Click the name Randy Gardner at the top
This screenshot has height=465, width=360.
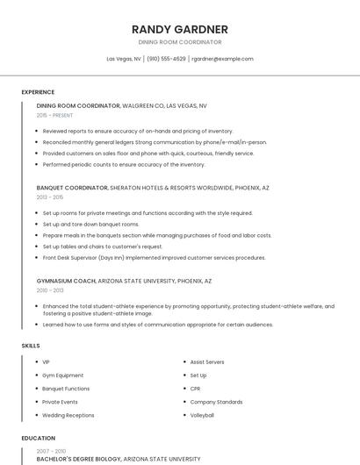click(x=179, y=29)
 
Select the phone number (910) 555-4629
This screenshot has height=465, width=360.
click(x=166, y=59)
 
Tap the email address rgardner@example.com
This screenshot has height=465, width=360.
click(x=222, y=59)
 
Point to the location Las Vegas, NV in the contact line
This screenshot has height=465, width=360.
click(x=124, y=59)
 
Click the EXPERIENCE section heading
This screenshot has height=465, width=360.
click(x=38, y=92)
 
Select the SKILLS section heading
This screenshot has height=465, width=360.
click(x=31, y=346)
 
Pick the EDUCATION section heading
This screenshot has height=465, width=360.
click(x=39, y=438)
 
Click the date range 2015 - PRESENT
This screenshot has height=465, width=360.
click(x=54, y=115)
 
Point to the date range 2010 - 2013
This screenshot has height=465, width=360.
click(x=50, y=290)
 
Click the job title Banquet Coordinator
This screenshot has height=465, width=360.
click(x=72, y=188)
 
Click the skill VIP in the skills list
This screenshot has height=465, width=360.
click(x=46, y=361)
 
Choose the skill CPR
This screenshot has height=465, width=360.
click(x=196, y=388)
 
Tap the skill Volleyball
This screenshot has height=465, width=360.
click(x=202, y=415)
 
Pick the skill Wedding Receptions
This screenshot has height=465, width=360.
click(x=68, y=415)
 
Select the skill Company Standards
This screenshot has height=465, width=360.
click(x=216, y=402)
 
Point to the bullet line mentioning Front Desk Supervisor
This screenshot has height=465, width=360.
click(x=154, y=258)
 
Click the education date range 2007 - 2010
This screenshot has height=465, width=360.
click(x=51, y=450)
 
